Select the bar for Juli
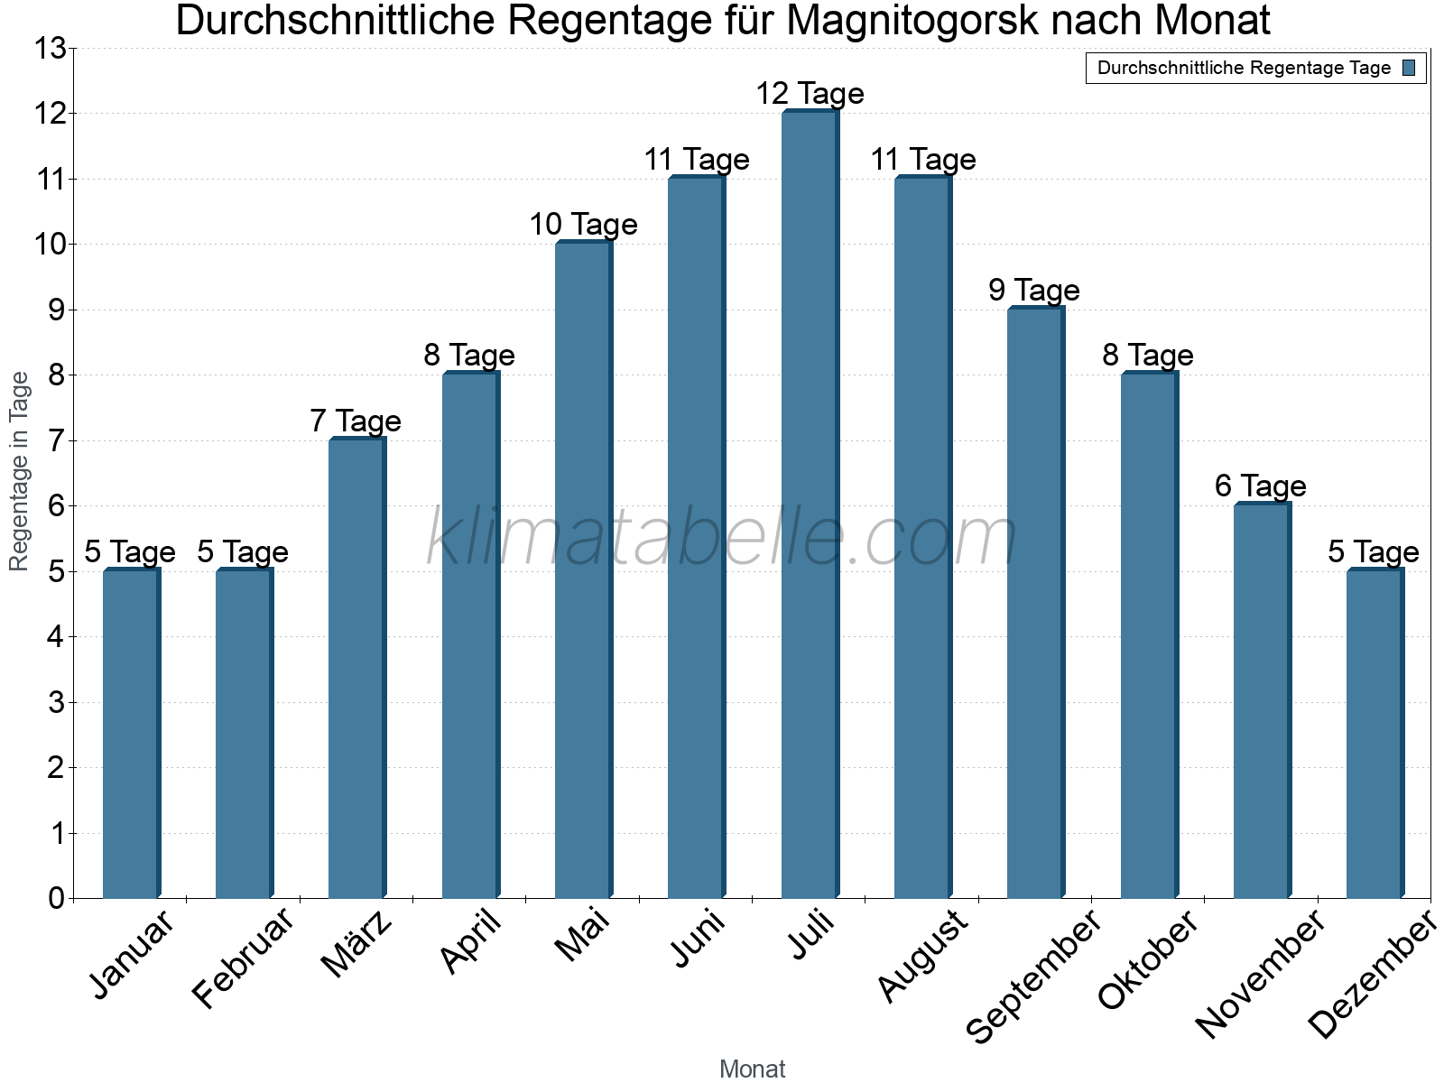(x=810, y=505)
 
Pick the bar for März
(x=356, y=668)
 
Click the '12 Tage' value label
(x=810, y=93)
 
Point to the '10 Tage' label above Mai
(x=583, y=224)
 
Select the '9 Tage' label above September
(x=1034, y=290)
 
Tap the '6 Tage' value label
(x=1260, y=486)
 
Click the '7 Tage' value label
(x=356, y=421)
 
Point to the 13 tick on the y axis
(x=51, y=49)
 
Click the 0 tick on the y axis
(x=57, y=898)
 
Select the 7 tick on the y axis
(x=57, y=440)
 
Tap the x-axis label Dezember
(x=1372, y=975)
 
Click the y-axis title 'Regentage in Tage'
(x=19, y=471)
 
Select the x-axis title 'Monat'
(x=752, y=1069)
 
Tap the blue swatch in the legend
(x=1410, y=68)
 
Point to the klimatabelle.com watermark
(x=722, y=538)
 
